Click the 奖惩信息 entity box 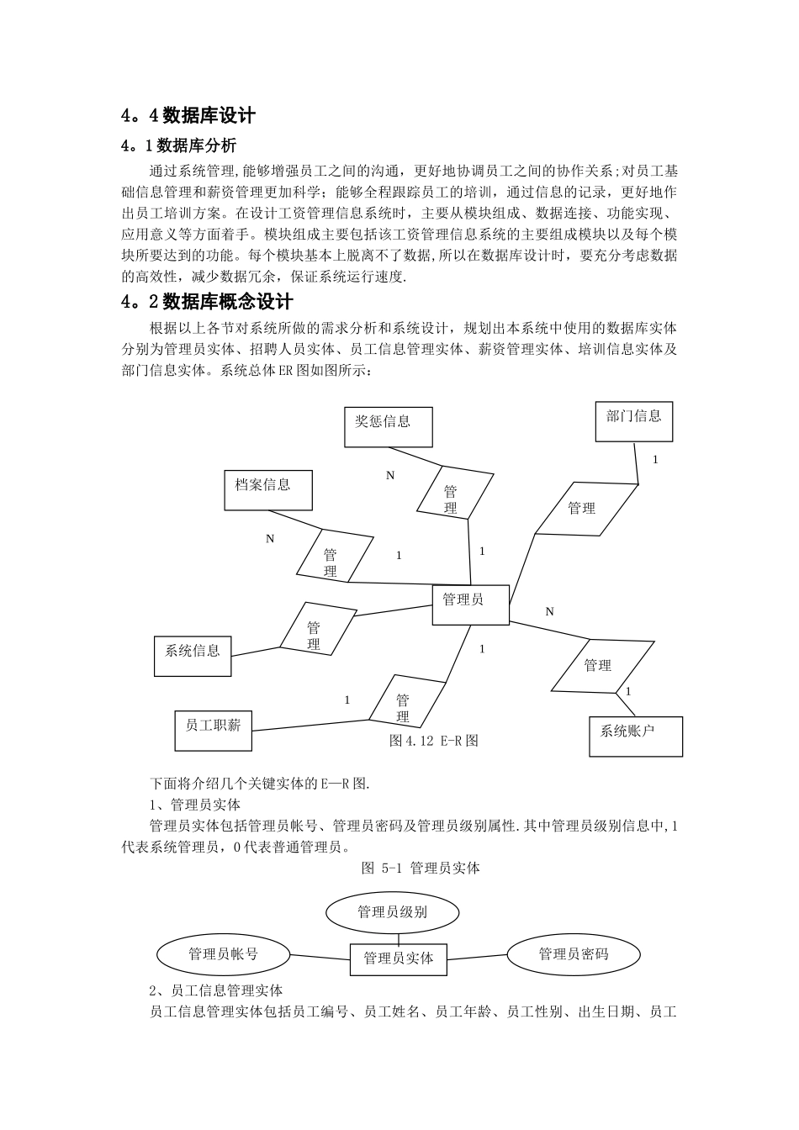389,426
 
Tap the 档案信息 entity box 268,489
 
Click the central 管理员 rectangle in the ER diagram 470,604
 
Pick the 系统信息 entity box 193,655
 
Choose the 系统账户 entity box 635,736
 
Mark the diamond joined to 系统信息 314,629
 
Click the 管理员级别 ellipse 392,912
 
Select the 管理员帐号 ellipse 223,954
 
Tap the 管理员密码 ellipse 573,953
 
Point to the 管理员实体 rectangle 398,958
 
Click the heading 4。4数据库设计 188,115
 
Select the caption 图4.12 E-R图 434,741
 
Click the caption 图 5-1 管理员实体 420,868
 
